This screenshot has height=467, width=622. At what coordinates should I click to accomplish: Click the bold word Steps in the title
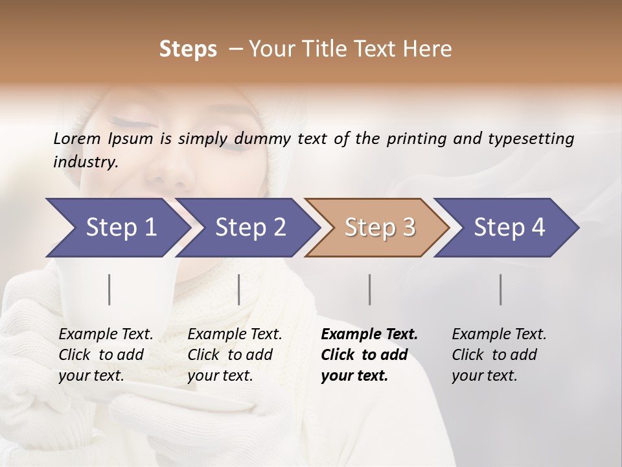tap(188, 49)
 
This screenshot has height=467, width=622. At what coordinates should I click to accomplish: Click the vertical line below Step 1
tap(109, 289)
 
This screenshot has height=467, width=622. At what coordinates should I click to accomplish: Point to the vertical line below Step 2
tap(239, 289)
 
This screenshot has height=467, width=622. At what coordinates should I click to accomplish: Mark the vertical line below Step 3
tap(369, 289)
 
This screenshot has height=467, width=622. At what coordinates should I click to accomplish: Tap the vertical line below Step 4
tap(500, 289)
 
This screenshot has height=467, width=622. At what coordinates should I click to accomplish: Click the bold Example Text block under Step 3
tap(369, 355)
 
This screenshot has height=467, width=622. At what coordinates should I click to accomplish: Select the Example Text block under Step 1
tap(106, 355)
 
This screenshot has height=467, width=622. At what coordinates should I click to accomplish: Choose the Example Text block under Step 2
tap(235, 355)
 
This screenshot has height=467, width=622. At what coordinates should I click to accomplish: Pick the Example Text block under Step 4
tap(499, 355)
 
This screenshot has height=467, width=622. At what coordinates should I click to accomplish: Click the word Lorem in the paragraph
tap(77, 138)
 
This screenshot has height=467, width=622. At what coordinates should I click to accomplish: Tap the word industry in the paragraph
tap(86, 162)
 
